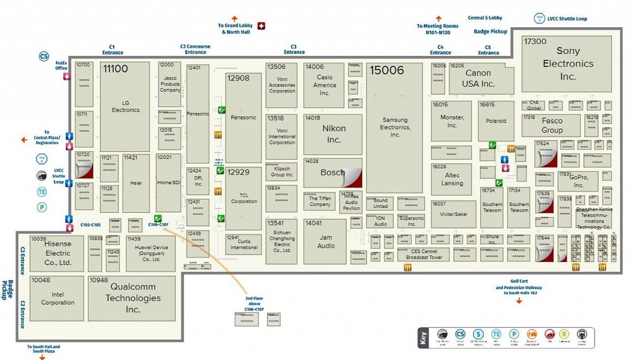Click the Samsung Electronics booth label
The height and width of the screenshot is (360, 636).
pyautogui.click(x=395, y=127)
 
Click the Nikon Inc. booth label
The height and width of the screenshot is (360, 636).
pyautogui.click(x=334, y=133)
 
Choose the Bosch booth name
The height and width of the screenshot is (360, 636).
pyautogui.click(x=332, y=173)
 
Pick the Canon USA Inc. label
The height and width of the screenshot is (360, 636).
pyautogui.click(x=479, y=78)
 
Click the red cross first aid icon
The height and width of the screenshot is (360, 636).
pyautogui.click(x=261, y=25)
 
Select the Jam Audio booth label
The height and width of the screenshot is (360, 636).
pyautogui.click(x=325, y=241)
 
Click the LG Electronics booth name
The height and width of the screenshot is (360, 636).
pyautogui.click(x=125, y=106)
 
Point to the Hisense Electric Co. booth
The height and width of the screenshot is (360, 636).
pyautogui.click(x=58, y=253)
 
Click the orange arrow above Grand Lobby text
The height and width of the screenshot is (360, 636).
pyautogui.click(x=234, y=19)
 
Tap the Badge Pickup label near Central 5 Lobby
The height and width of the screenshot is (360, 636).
pyautogui.click(x=490, y=31)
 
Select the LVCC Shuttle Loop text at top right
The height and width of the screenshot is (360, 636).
pyautogui.click(x=568, y=19)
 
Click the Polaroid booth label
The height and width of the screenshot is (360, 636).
pyautogui.click(x=496, y=121)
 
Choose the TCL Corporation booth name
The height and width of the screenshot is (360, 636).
pyautogui.click(x=243, y=197)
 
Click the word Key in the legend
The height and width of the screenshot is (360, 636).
pyautogui.click(x=423, y=339)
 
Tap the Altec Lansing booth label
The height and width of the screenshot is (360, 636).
pyautogui.click(x=452, y=179)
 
